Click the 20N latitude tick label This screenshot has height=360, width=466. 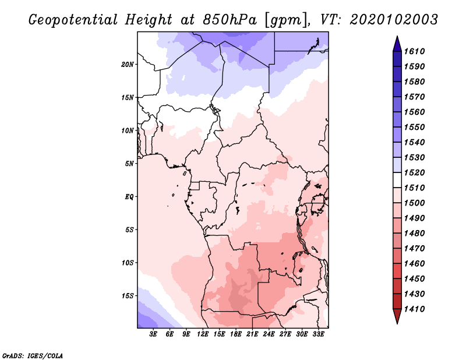point(128,65)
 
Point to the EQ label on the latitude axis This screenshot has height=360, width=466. point(129,197)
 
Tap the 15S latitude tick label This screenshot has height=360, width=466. point(128,296)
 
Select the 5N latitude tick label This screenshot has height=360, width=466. point(129,164)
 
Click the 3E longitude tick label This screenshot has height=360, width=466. point(153,334)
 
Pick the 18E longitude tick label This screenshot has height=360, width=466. point(236,334)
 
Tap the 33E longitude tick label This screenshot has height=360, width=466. point(318,334)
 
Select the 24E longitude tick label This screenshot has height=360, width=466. point(269,334)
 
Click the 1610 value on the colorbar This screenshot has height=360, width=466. point(415,51)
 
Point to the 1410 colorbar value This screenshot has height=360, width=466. point(415,309)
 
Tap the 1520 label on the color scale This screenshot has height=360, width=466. point(415,172)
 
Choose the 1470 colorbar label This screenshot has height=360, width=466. point(415,249)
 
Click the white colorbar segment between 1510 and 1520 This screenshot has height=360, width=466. point(397,180)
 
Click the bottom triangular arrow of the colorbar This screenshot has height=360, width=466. point(397,316)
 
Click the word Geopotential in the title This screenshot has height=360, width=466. point(73,20)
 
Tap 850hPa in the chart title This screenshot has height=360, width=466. point(230,20)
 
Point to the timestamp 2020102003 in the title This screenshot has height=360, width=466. point(394,20)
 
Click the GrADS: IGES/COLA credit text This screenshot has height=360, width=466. point(33,356)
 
